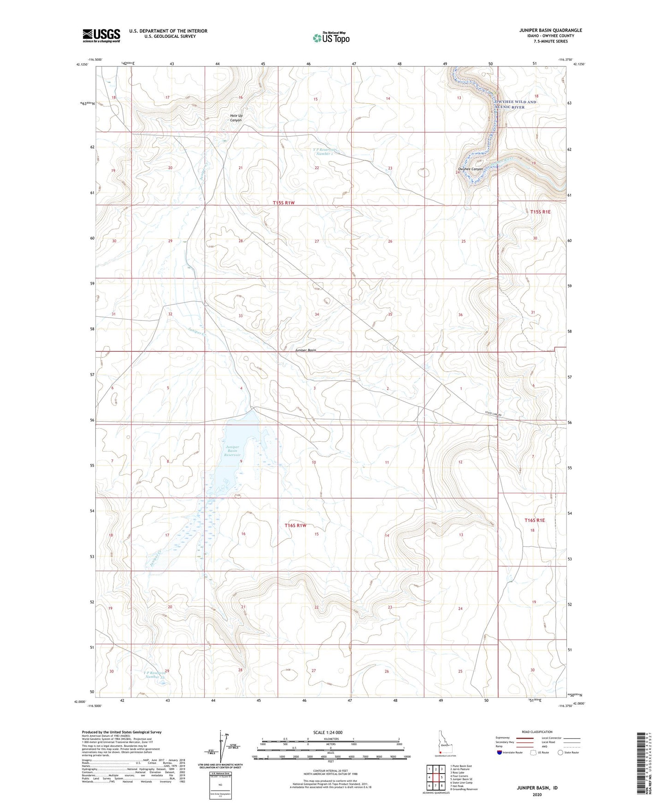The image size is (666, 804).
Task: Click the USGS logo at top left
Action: [101, 35]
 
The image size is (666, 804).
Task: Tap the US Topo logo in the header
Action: [330, 38]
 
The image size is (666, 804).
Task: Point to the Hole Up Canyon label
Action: [236, 118]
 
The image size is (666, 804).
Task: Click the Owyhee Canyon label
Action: [471, 169]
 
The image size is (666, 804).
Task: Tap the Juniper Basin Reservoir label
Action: [233, 451]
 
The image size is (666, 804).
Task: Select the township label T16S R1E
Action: [534, 520]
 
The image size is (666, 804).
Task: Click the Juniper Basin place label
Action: [305, 350]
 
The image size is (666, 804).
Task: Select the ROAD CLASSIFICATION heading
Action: [537, 732]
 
